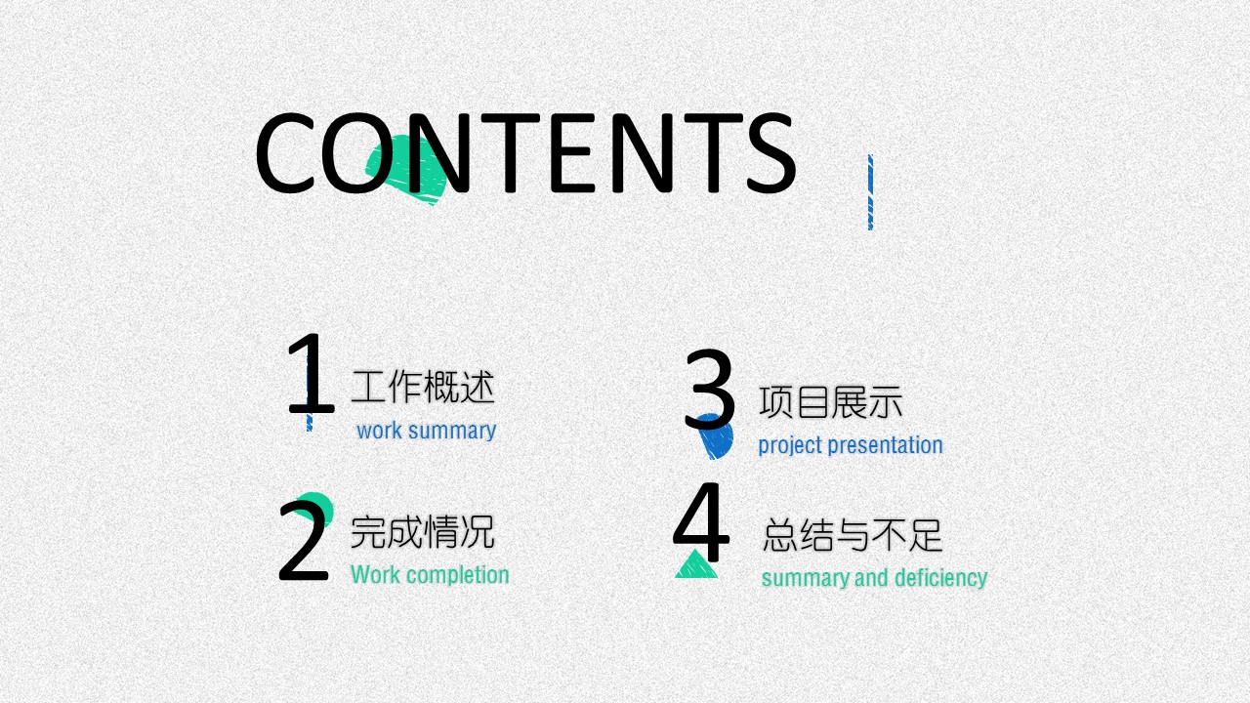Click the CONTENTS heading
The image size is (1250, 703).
525,152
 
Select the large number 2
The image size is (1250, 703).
304,540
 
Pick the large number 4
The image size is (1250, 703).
701,522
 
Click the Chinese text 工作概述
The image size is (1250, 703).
423,387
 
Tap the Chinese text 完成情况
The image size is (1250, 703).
423,532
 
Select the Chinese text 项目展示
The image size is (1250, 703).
831,401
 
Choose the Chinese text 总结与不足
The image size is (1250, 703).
853,535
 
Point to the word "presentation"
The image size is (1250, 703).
885,445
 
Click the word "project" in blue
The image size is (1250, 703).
790,446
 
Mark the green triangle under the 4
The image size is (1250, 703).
696,564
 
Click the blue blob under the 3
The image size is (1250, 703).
717,436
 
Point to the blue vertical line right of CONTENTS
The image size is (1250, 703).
870,192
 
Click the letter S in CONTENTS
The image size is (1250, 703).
771,152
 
